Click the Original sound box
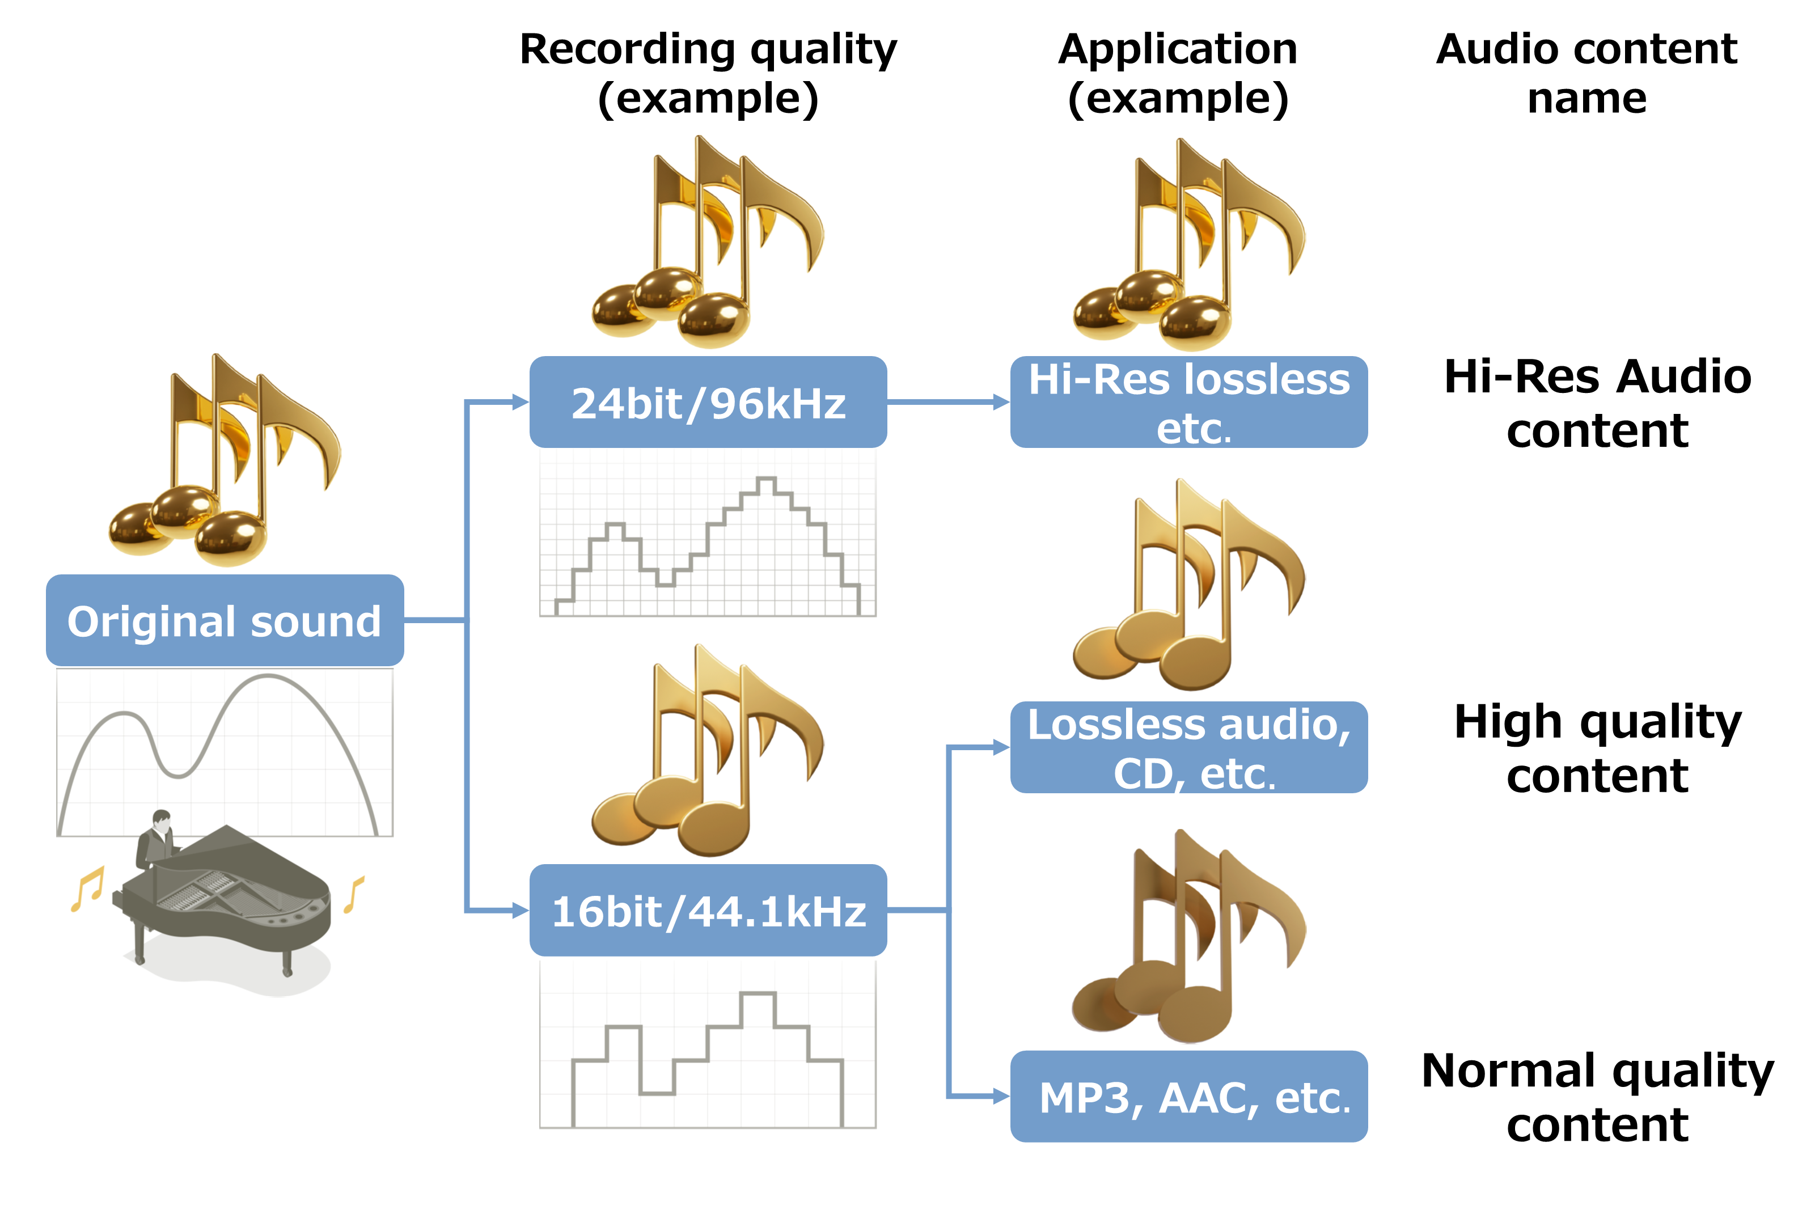tap(225, 620)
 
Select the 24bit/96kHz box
tap(708, 402)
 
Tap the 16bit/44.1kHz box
tap(708, 911)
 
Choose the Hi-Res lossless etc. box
tap(1188, 402)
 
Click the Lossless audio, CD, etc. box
tap(1188, 747)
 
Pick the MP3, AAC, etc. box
tap(1188, 1097)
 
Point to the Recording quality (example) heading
tap(708, 73)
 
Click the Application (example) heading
tap(1178, 73)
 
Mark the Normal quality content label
tap(1597, 1097)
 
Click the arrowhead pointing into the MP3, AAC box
tap(1000, 1096)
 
